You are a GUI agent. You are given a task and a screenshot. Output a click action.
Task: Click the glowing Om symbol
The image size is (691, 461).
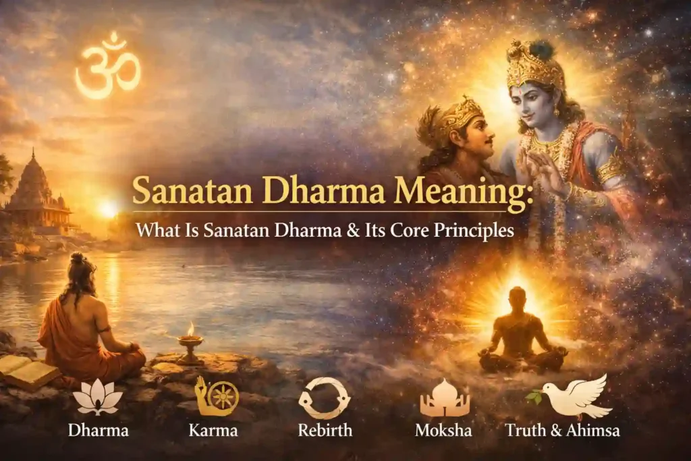(108, 65)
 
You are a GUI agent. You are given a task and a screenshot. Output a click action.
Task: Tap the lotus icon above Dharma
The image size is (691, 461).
(98, 398)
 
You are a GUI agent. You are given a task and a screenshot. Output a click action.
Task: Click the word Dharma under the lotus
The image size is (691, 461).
(97, 430)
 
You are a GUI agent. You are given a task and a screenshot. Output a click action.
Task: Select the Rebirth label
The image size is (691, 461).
(324, 430)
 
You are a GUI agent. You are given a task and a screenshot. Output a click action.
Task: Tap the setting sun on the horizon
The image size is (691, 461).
(108, 209)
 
